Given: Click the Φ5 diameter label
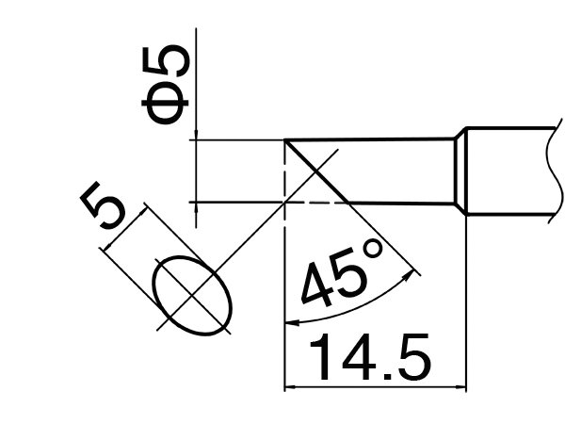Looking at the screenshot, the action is click(166, 85).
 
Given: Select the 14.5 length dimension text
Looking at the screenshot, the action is click(370, 357).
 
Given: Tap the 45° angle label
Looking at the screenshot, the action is click(341, 275).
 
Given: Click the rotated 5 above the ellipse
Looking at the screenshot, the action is click(103, 204).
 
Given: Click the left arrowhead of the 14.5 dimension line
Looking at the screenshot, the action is click(290, 387).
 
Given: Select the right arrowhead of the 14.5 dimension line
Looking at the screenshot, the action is click(460, 387).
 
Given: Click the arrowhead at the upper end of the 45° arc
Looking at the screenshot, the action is click(410, 275).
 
